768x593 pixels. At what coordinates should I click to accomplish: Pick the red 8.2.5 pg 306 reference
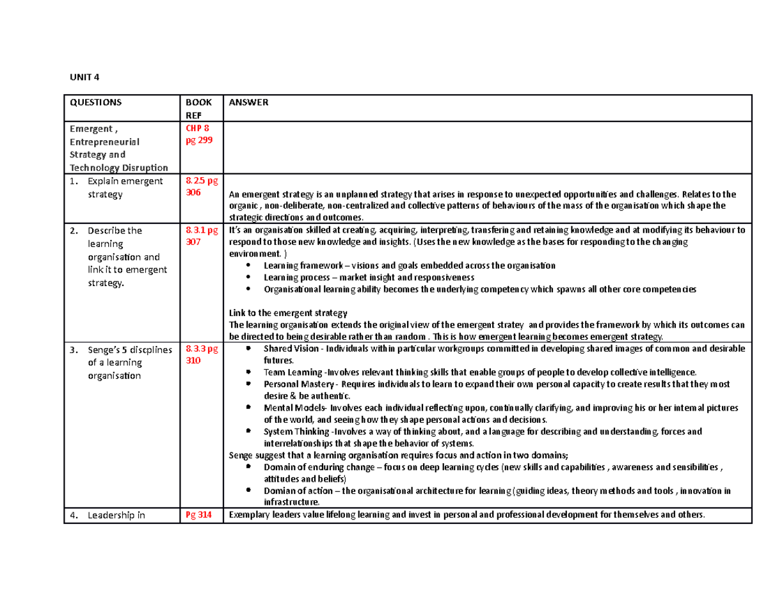pyautogui.click(x=201, y=186)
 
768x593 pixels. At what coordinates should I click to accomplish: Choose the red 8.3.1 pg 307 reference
pyautogui.click(x=201, y=236)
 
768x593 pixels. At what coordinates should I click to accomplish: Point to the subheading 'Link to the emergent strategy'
pyautogui.click(x=287, y=313)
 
